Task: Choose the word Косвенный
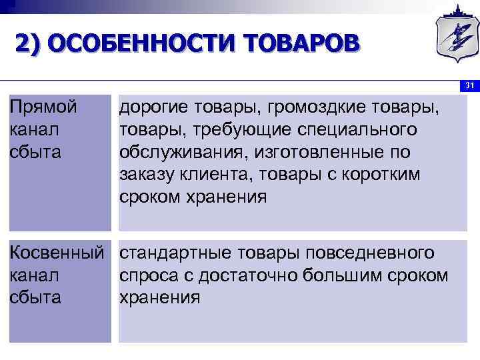click(57, 253)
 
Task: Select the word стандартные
click(174, 253)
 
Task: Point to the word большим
click(355, 275)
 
